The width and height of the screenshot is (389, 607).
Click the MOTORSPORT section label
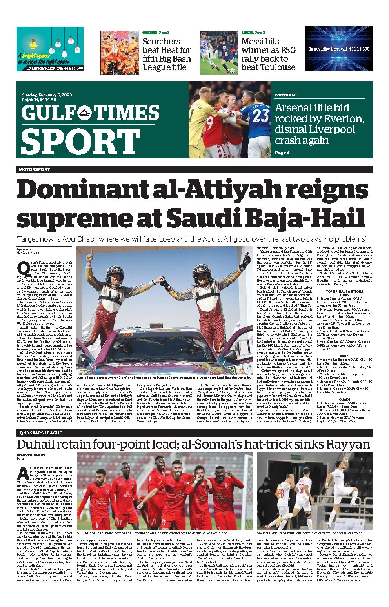coord(34,169)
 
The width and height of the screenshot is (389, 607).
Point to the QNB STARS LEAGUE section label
coord(39,433)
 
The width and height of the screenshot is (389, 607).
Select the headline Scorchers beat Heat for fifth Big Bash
coord(166,54)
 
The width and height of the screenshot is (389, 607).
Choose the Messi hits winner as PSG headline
coord(268,54)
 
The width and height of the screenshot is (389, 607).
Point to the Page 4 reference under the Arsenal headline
coord(282,153)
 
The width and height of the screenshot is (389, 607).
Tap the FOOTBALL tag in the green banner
coord(285,95)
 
